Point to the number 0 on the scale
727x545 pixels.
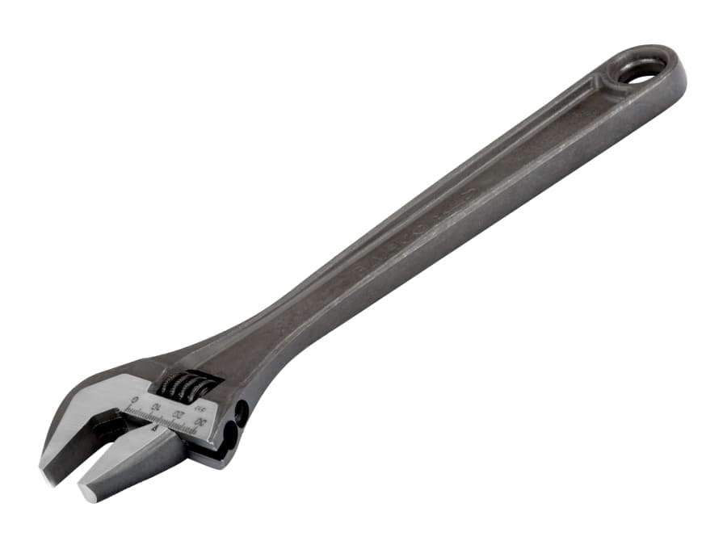[x=133, y=400]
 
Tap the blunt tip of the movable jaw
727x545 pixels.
[x=86, y=491]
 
